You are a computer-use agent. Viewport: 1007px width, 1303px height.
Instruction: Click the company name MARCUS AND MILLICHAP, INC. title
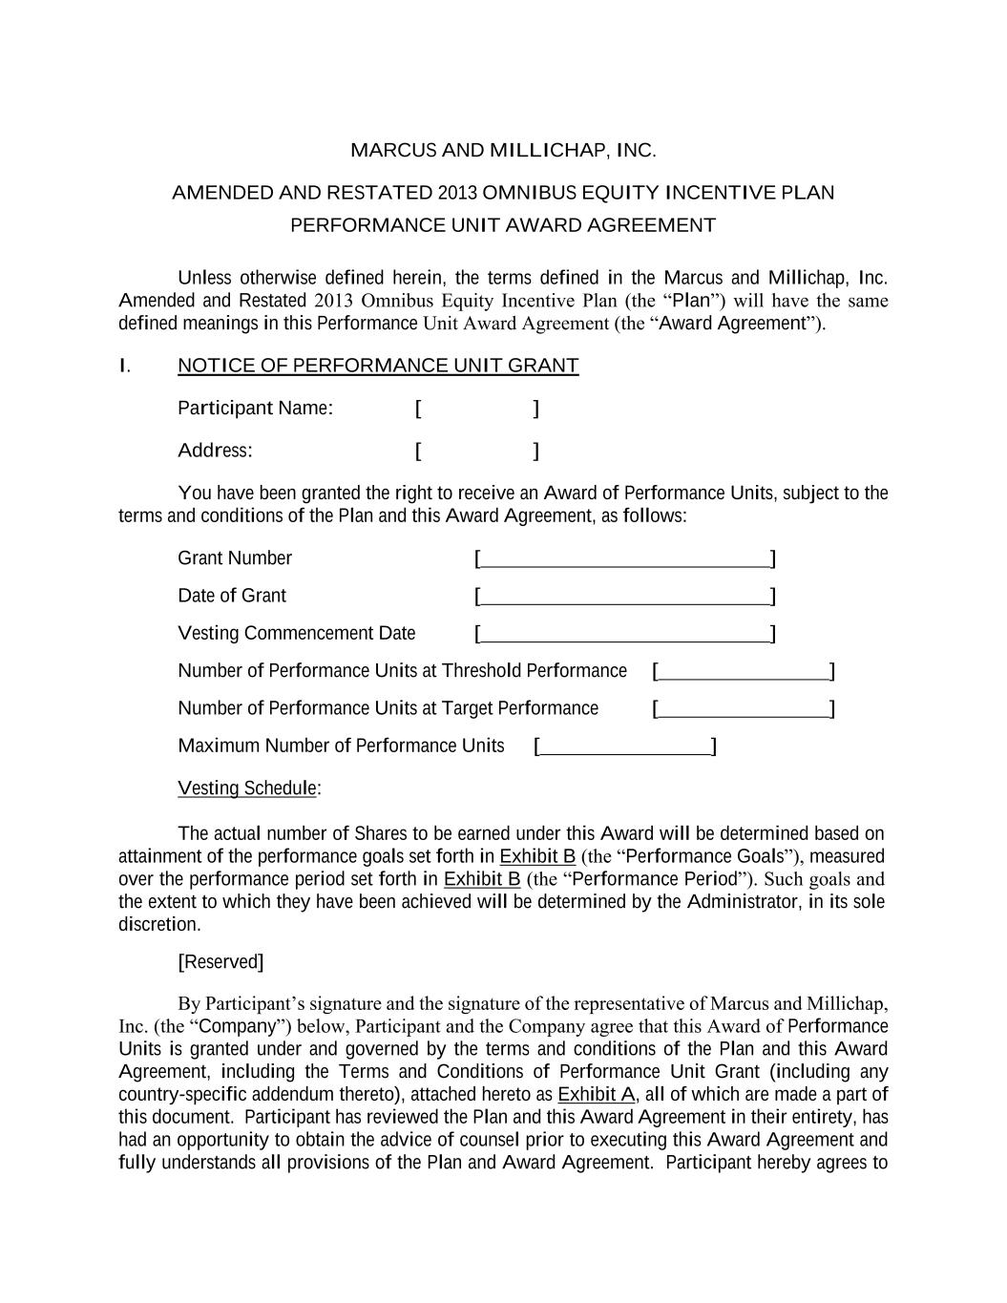(x=503, y=151)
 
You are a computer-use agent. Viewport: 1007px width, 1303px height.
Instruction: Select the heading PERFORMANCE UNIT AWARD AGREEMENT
(x=503, y=225)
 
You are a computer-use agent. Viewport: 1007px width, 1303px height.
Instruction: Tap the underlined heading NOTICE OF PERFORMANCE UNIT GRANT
(x=378, y=366)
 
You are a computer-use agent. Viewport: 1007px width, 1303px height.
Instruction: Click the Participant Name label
(x=255, y=409)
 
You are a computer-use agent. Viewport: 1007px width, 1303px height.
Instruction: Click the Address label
(x=215, y=451)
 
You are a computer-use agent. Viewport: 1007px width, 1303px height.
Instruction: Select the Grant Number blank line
(x=625, y=559)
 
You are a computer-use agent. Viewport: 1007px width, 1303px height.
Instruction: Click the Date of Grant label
(x=232, y=596)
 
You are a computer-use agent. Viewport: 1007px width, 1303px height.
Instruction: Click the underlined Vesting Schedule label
(x=247, y=788)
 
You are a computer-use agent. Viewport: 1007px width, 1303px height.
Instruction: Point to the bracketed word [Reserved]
(x=220, y=962)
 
